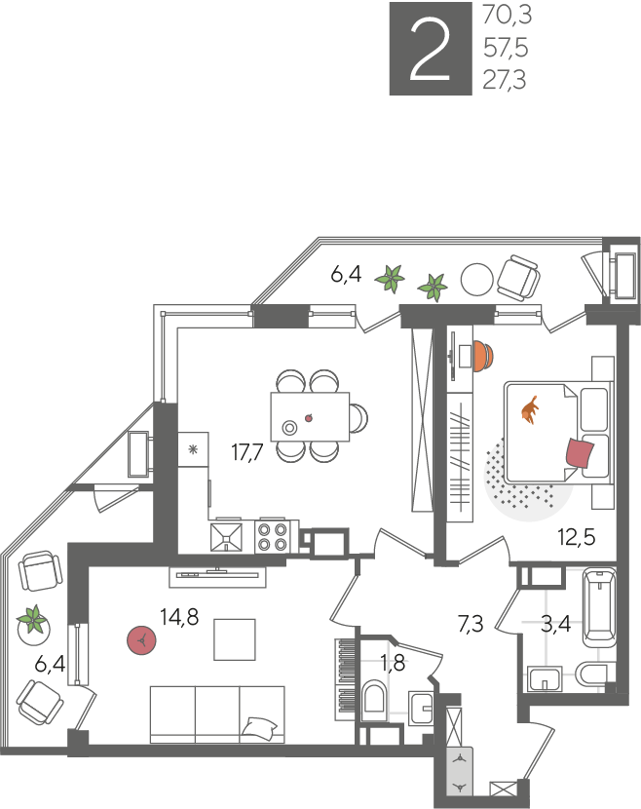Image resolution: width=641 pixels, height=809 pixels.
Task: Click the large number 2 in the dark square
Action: tap(430, 50)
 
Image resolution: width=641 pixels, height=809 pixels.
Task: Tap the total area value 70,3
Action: tap(507, 16)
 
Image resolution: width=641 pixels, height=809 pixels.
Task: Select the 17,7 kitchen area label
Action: tap(247, 452)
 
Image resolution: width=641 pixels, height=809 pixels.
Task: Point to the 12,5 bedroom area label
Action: tap(577, 537)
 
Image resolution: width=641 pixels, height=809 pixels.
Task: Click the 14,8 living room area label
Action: tap(179, 617)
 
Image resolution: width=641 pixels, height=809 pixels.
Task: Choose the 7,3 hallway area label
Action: tap(471, 624)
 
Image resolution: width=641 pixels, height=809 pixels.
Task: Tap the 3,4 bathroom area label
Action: tap(556, 624)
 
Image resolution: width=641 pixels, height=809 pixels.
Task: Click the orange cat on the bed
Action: tap(530, 410)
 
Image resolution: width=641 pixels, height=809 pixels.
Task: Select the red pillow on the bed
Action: tap(581, 452)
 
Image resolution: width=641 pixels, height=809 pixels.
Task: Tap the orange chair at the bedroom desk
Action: tap(484, 356)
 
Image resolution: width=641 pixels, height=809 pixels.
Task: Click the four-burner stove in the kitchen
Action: tap(273, 537)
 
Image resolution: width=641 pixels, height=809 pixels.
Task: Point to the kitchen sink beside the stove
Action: tap(226, 538)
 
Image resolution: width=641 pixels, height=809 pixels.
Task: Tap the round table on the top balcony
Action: tap(477, 280)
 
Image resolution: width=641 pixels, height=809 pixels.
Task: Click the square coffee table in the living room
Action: tap(235, 639)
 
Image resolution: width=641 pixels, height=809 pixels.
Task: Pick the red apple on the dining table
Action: tap(309, 418)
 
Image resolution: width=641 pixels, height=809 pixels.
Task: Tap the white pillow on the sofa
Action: tap(261, 727)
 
